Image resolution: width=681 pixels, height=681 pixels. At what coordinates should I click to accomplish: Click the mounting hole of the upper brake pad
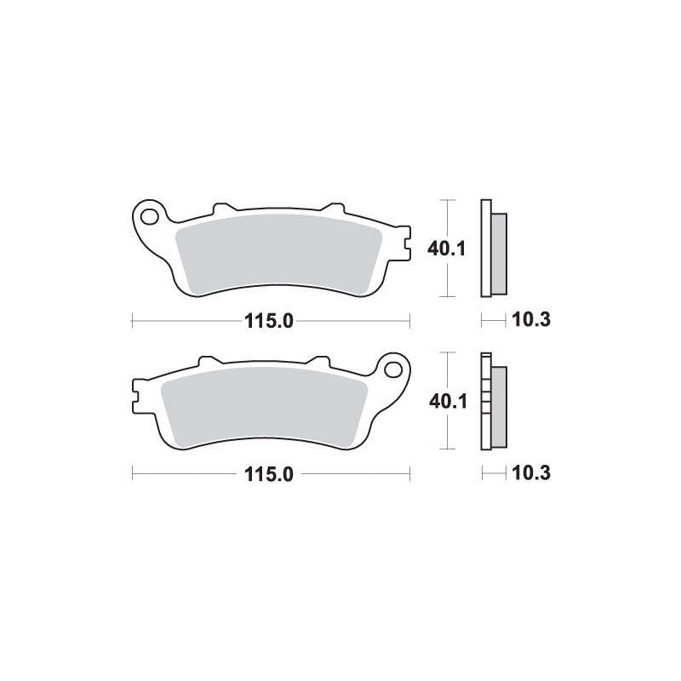(x=150, y=217)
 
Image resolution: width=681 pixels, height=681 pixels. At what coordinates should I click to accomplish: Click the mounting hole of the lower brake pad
(x=393, y=370)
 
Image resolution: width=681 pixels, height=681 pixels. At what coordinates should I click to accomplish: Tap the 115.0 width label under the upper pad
(x=269, y=322)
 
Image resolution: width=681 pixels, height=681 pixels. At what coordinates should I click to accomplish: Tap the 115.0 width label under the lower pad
(x=269, y=474)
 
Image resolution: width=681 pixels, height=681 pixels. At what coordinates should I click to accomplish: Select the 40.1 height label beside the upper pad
(x=446, y=249)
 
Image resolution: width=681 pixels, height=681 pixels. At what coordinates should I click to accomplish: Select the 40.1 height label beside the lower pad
(x=448, y=402)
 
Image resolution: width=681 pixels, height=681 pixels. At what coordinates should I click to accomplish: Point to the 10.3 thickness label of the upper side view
(x=531, y=320)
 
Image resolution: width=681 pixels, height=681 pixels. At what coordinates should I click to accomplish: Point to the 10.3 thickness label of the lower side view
(x=531, y=473)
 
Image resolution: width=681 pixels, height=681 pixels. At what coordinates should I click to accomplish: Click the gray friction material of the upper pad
(x=278, y=253)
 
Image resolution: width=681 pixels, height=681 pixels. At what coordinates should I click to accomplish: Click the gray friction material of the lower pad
(x=264, y=406)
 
